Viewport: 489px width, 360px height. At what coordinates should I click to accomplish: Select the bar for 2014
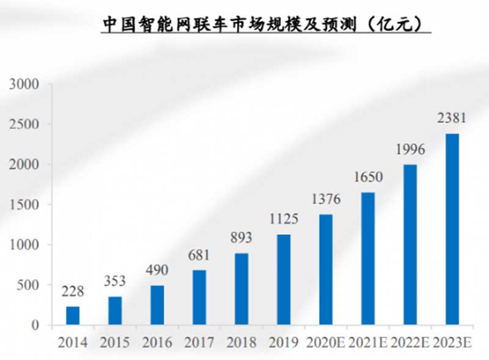coord(73,315)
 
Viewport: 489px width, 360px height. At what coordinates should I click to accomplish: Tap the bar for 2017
coord(199,297)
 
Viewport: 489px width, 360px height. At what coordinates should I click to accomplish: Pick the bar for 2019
coord(284,279)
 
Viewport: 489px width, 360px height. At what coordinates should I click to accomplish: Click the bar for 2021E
coord(368,259)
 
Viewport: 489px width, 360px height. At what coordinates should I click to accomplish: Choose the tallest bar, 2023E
coord(452,229)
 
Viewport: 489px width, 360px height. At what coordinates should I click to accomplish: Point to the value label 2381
coord(452,118)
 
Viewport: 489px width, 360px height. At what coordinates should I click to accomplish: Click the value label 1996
coord(410,149)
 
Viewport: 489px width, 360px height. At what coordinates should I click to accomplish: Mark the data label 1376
coord(326,199)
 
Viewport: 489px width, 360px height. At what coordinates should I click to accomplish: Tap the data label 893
coord(241,238)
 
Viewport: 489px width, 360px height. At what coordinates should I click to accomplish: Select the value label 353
coord(115,281)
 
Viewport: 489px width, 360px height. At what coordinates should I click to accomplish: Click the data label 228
coord(73,292)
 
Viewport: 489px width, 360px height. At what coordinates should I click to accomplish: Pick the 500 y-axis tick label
coord(28,285)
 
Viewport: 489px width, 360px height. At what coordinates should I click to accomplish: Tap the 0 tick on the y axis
coord(35,325)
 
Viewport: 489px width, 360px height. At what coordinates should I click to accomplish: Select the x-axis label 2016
coord(157,342)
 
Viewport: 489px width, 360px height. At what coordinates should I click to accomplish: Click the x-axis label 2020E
coord(326,342)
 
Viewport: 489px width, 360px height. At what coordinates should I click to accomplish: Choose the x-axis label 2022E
coord(410,342)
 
